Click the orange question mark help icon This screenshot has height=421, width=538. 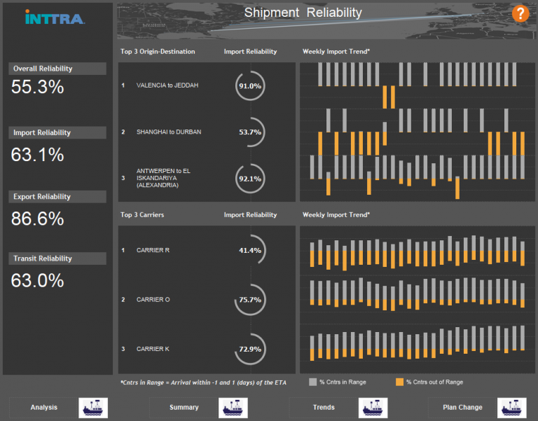[x=520, y=13]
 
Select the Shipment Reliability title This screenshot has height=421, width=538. [x=303, y=13]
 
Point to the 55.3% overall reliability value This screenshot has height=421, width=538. [x=37, y=87]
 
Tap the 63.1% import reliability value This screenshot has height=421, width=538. [x=37, y=154]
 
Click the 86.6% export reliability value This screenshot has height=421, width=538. [x=37, y=219]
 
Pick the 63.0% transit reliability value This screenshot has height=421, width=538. [x=37, y=280]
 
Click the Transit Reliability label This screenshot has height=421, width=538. [x=43, y=258]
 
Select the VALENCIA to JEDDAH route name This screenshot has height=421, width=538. [x=167, y=85]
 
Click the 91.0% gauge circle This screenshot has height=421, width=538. [x=250, y=85]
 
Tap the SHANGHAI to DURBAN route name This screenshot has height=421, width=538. [x=169, y=132]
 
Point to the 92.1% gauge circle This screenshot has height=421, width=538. [x=250, y=179]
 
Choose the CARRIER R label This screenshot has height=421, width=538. [x=153, y=250]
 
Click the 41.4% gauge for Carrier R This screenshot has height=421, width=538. [x=250, y=250]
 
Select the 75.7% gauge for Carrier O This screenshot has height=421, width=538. [x=250, y=299]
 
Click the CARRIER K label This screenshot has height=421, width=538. [x=153, y=348]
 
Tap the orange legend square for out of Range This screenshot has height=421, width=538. [x=400, y=382]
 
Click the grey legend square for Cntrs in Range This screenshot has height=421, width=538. [x=313, y=382]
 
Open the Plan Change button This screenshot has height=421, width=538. [x=463, y=407]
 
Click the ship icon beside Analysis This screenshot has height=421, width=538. [x=93, y=407]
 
